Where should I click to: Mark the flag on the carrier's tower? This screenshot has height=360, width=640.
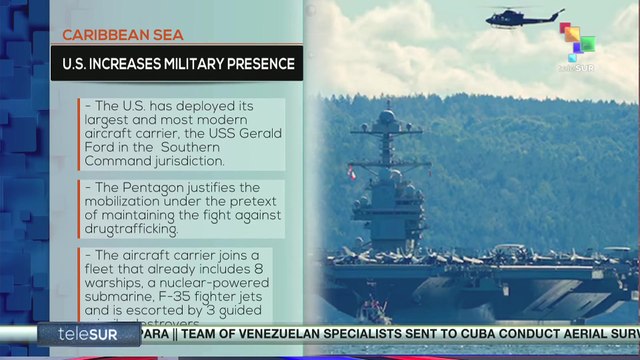(351, 173)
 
